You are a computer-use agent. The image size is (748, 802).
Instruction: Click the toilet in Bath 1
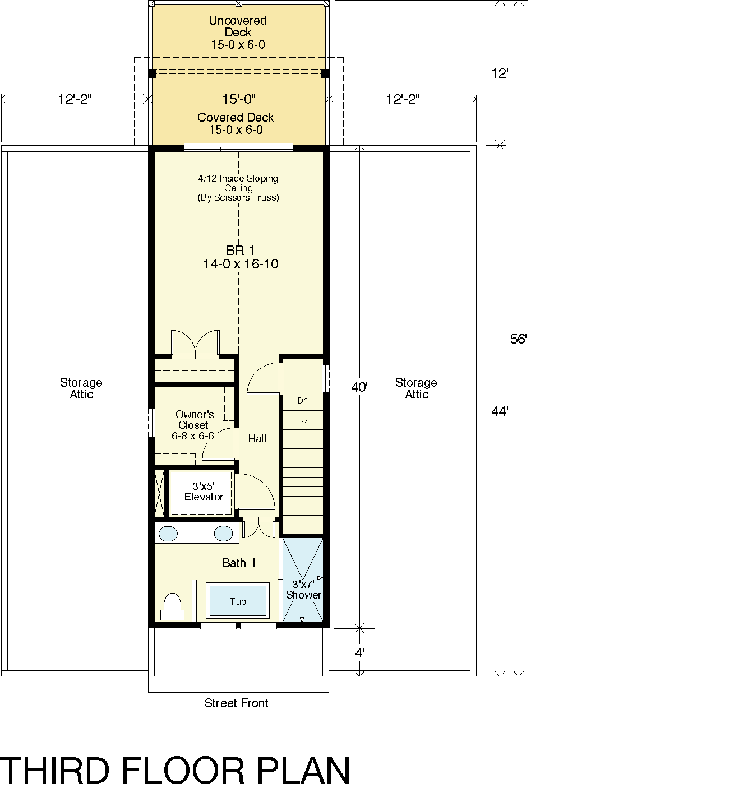[173, 606]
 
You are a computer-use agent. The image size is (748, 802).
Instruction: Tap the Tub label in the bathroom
[238, 601]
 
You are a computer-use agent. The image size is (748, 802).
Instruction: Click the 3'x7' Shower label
[303, 589]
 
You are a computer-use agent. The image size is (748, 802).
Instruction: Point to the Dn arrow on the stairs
[304, 415]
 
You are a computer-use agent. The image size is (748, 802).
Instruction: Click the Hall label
[257, 438]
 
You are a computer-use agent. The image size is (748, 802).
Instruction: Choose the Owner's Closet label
[193, 425]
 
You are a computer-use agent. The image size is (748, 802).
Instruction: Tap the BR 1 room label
[241, 257]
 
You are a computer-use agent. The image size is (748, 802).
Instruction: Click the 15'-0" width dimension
[239, 99]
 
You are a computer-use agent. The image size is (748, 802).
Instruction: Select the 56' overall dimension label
[519, 339]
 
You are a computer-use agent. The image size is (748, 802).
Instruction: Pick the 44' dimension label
[500, 411]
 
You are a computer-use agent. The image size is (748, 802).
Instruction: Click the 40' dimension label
[359, 387]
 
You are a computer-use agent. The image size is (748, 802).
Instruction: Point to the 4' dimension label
[359, 652]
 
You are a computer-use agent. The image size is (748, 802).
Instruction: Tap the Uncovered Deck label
[238, 33]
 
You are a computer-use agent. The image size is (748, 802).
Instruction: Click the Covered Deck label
[236, 123]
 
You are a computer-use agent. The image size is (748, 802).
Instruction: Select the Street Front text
[237, 703]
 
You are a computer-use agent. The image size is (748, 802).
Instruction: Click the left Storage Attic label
[81, 388]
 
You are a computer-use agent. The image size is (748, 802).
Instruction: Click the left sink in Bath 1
[168, 534]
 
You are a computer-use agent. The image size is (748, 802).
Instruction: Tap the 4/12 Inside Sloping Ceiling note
[238, 188]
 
